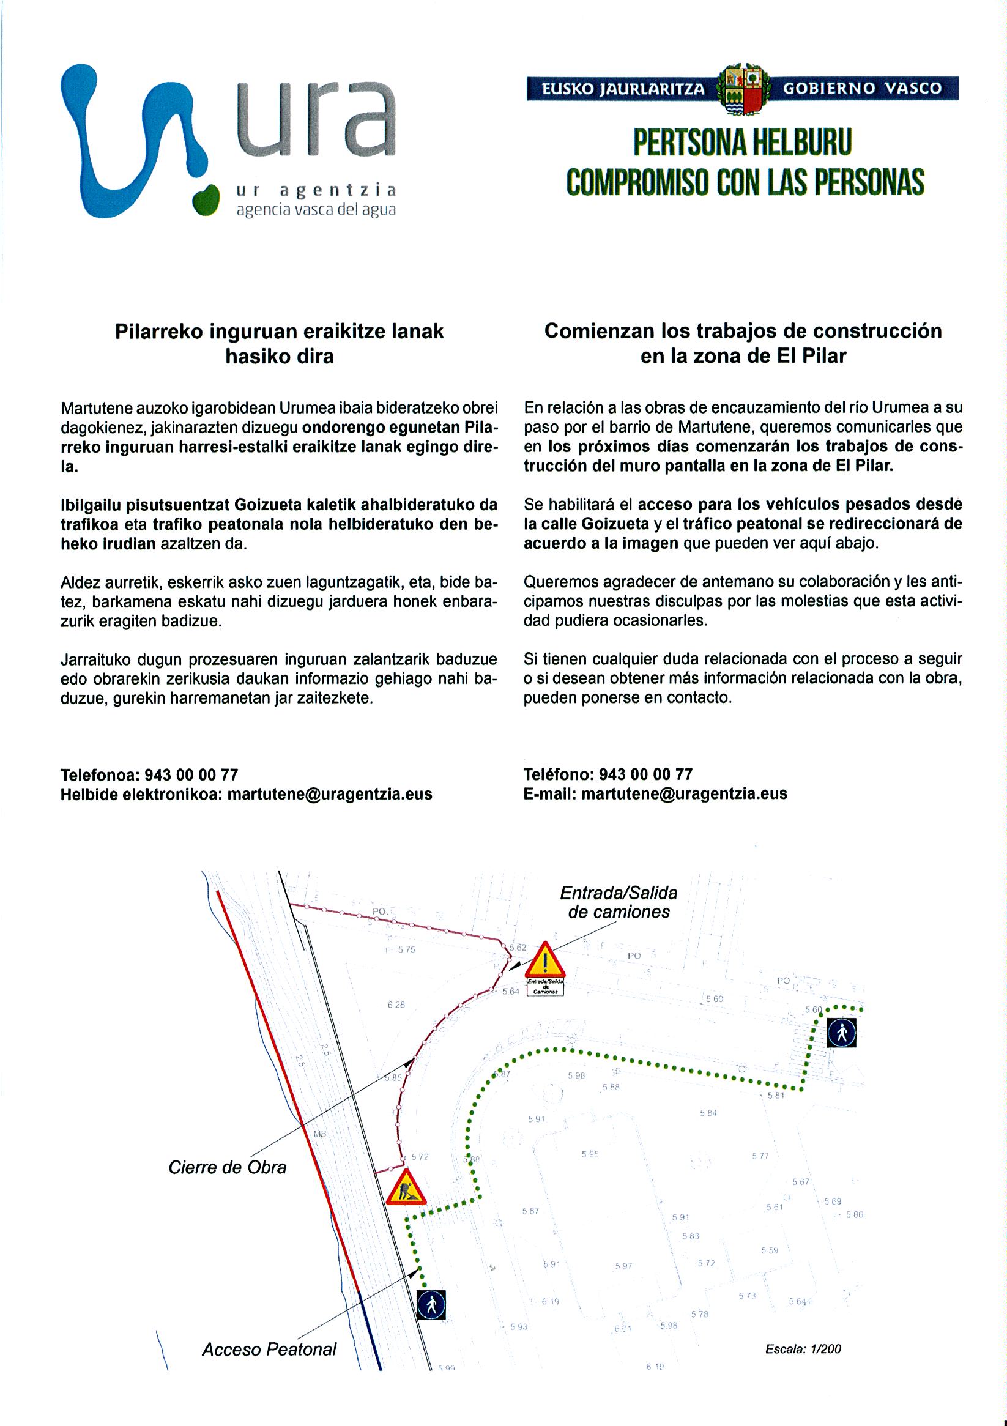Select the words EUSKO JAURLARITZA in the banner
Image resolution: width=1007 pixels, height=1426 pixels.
pos(622,89)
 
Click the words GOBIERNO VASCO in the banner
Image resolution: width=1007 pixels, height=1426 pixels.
pos(862,88)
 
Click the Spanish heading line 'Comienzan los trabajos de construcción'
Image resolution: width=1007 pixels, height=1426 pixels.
pos(743,331)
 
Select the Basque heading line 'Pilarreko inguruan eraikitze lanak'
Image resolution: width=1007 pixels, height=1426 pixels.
pos(280,332)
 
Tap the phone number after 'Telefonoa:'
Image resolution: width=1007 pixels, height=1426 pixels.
pos(191,774)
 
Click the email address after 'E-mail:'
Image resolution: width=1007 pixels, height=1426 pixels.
pos(684,793)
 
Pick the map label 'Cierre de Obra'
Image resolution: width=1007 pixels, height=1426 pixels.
pos(228,1168)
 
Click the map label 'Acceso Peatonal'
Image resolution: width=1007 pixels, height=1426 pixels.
pos(269,1350)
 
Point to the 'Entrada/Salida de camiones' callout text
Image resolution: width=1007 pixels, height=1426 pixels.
pos(618,902)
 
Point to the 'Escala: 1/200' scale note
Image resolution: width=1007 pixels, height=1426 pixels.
pos(803,1348)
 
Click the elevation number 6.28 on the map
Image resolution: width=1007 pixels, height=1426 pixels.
pos(396,1005)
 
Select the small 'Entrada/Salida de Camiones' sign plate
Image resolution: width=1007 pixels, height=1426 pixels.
pos(545,987)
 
